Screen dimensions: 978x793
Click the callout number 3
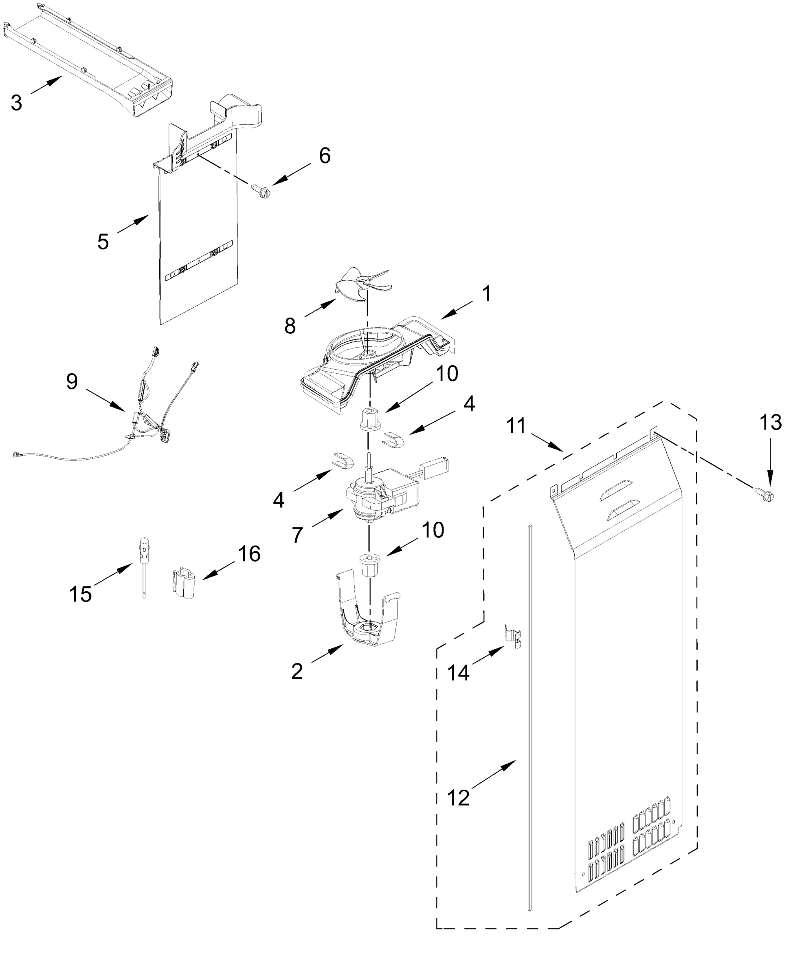16,103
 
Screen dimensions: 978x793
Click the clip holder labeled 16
184,583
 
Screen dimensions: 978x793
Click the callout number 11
516,426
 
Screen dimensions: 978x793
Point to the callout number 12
458,797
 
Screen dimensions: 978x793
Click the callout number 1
487,293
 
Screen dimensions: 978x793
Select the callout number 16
249,554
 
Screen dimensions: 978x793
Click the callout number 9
72,381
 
